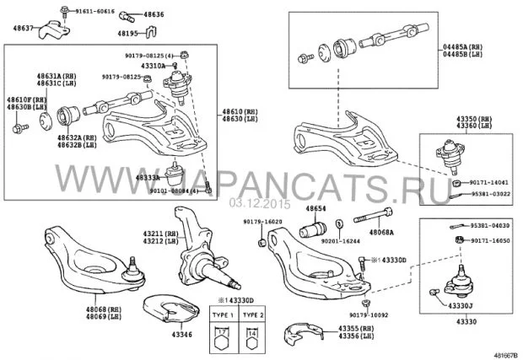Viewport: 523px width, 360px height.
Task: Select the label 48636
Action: [x=154, y=14]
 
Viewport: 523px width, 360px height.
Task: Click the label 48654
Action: [x=316, y=207]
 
